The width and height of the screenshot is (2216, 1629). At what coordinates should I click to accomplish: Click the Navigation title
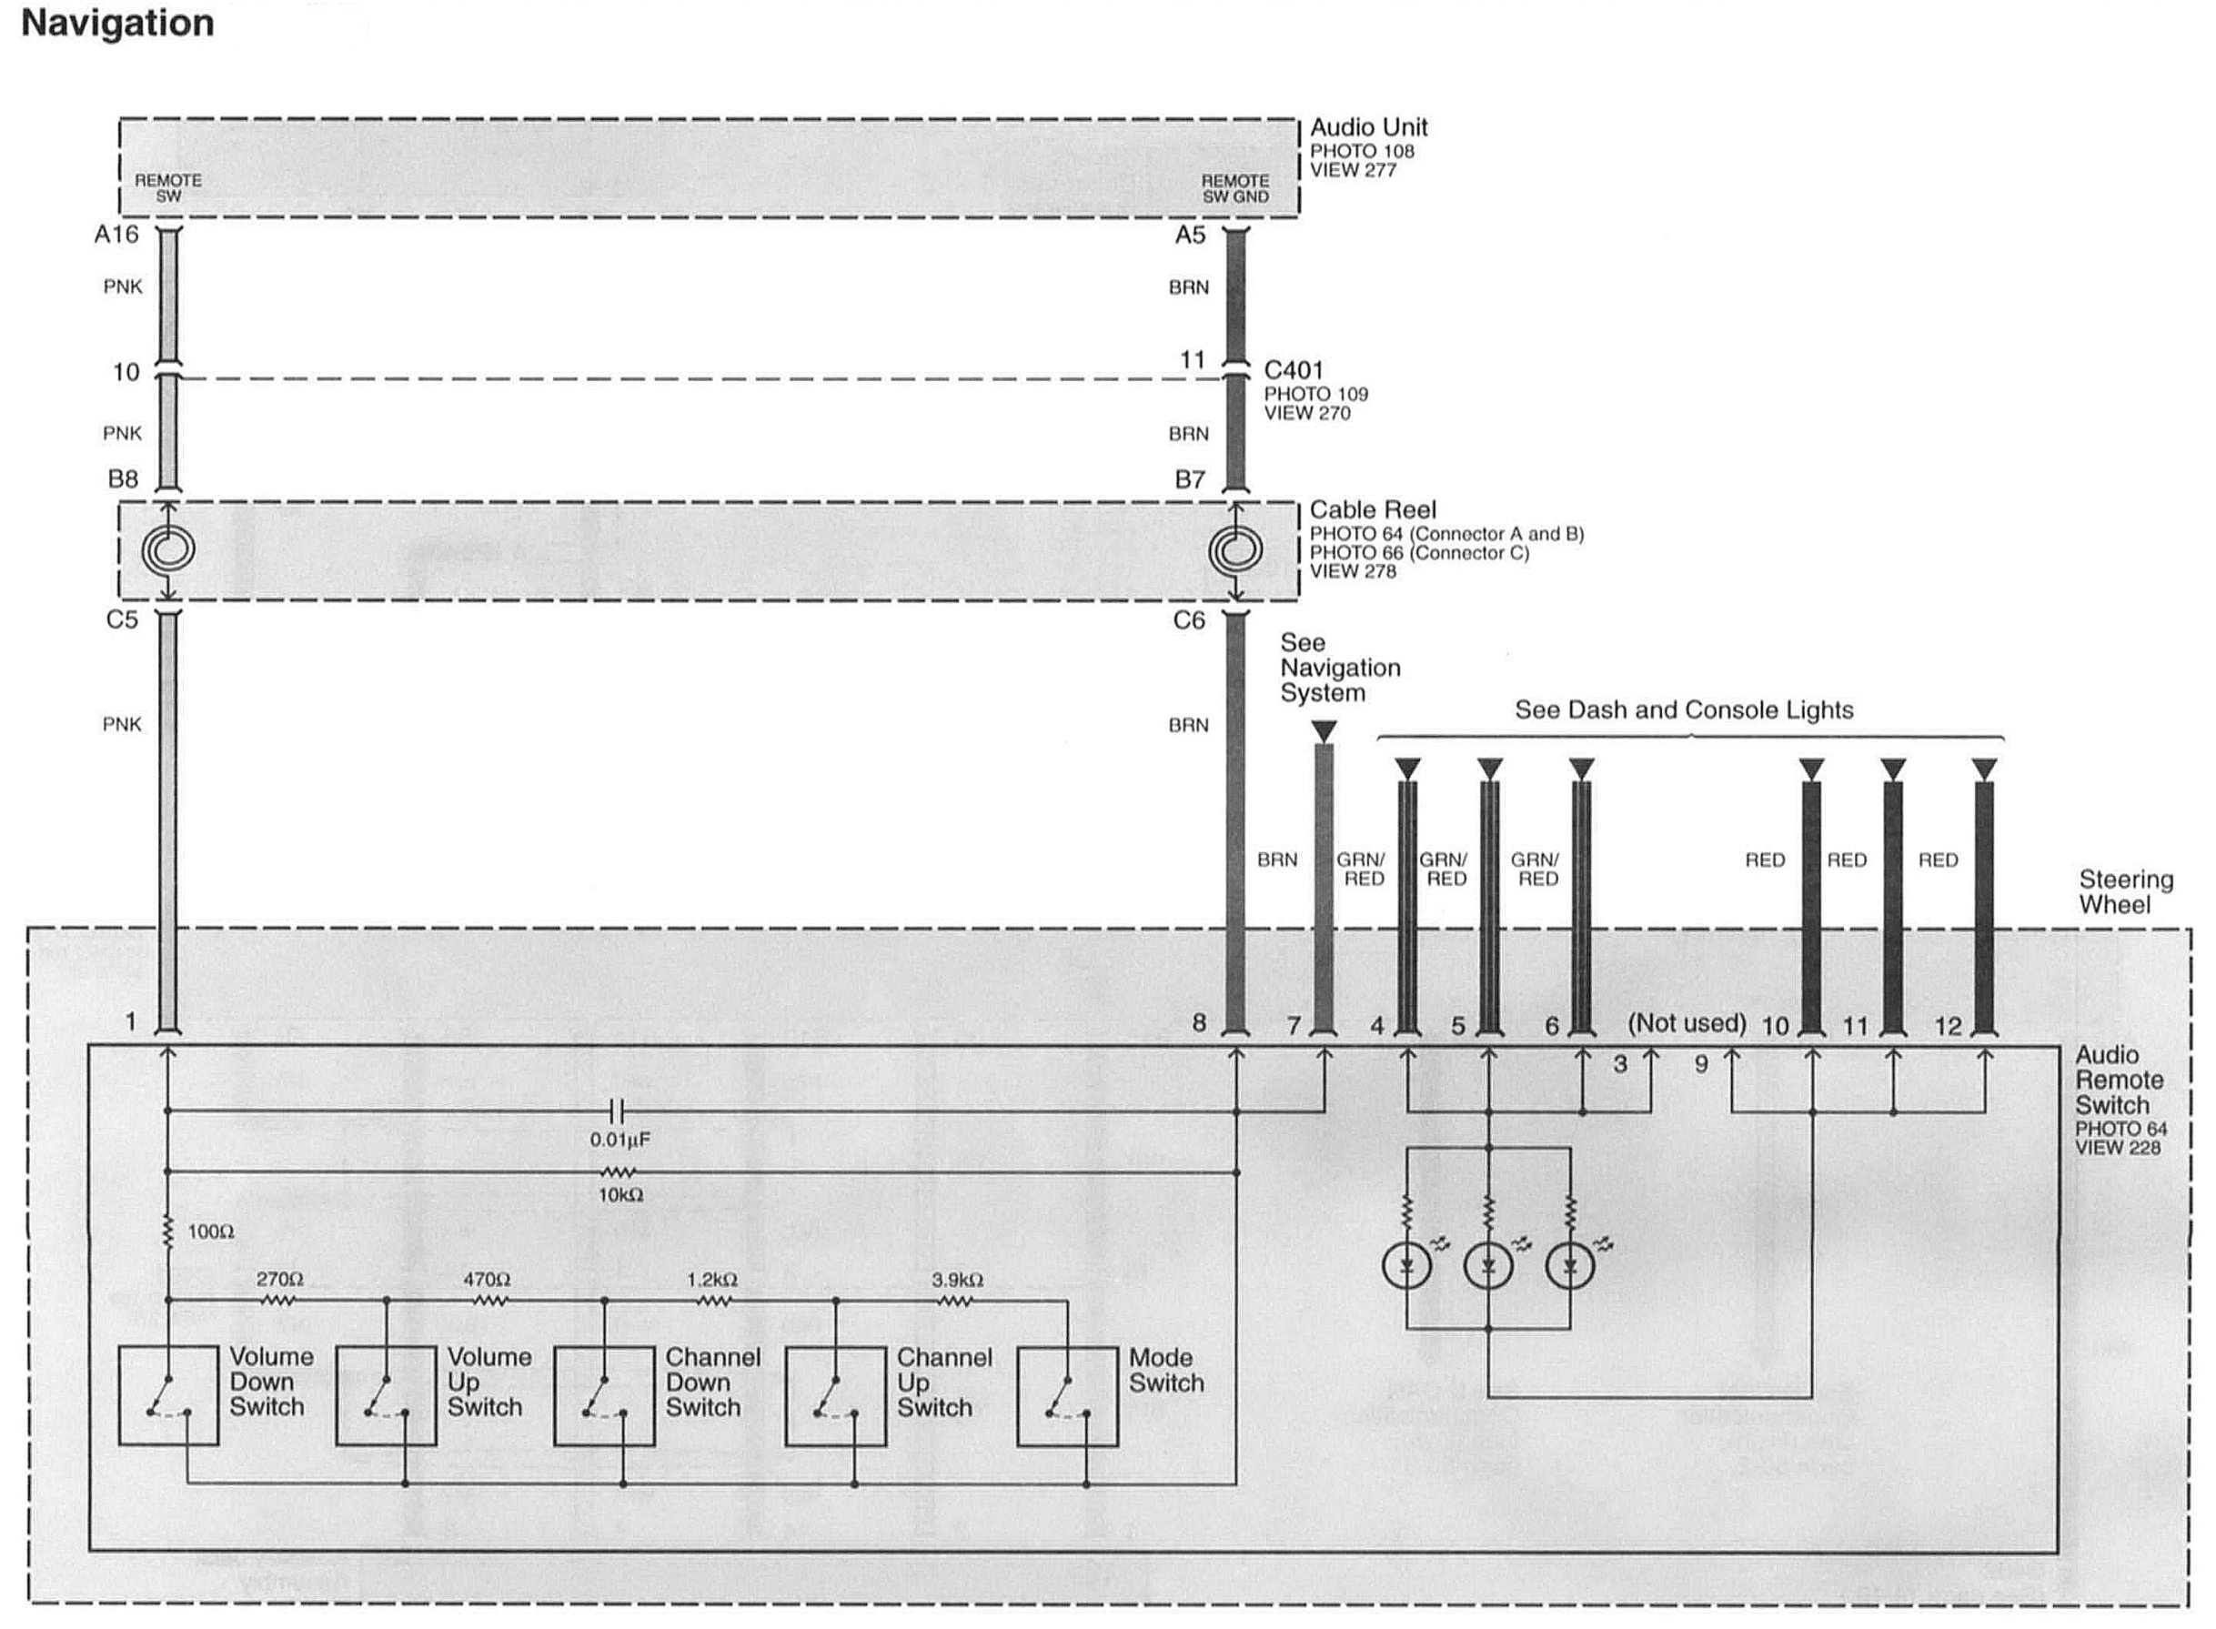pyautogui.click(x=117, y=24)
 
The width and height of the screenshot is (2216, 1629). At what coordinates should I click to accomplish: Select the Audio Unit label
pyautogui.click(x=1368, y=127)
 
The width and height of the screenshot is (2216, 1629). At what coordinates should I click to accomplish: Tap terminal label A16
pyautogui.click(x=116, y=235)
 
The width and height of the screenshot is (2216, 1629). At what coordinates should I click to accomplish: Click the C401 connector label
pyautogui.click(x=1293, y=371)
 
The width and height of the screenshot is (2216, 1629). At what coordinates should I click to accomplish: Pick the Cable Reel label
pyautogui.click(x=1372, y=510)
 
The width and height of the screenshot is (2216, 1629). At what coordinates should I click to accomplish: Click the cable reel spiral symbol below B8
pyautogui.click(x=167, y=549)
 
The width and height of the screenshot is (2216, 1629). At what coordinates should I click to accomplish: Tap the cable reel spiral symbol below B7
pyautogui.click(x=1234, y=549)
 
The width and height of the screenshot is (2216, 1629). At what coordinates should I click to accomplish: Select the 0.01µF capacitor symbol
pyautogui.click(x=618, y=1112)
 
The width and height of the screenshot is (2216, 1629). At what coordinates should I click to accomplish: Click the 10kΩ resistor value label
pyautogui.click(x=620, y=1195)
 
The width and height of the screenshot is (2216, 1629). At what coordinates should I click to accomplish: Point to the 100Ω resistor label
pyautogui.click(x=210, y=1232)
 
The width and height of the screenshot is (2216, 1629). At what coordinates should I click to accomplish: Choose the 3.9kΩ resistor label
pyautogui.click(x=957, y=1280)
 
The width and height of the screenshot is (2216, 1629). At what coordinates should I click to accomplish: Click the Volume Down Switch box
pyautogui.click(x=167, y=1395)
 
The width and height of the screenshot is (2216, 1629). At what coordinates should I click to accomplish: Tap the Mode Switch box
pyautogui.click(x=1067, y=1396)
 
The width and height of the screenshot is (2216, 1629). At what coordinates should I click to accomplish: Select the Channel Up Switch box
pyautogui.click(x=835, y=1396)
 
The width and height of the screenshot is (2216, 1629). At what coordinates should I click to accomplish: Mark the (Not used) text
pyautogui.click(x=1687, y=1023)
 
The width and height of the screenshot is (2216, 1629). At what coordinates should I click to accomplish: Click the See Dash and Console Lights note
pyautogui.click(x=1684, y=710)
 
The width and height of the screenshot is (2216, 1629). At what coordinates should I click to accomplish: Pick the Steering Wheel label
pyautogui.click(x=2125, y=892)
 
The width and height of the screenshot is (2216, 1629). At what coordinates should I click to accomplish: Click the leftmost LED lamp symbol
pyautogui.click(x=1407, y=1267)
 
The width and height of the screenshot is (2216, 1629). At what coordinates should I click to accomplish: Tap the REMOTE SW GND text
pyautogui.click(x=1234, y=188)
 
